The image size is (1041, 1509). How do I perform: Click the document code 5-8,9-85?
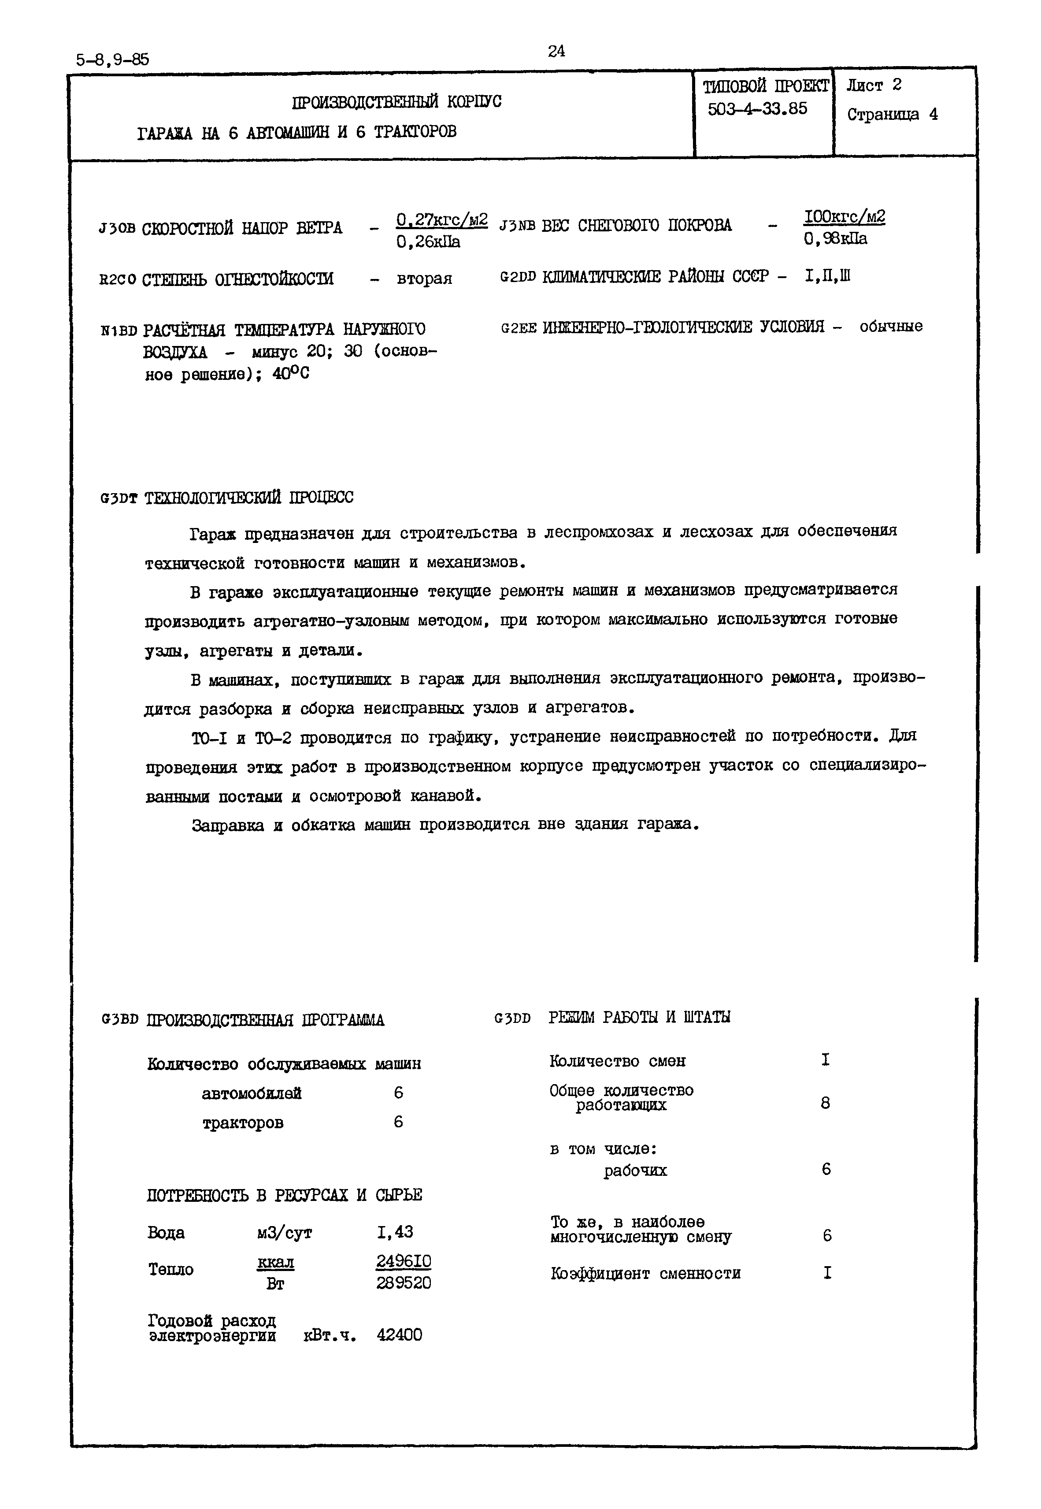(112, 60)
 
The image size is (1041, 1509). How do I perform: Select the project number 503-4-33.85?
(757, 108)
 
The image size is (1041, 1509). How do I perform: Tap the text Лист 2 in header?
(874, 85)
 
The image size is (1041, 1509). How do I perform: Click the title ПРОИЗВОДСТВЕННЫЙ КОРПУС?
(396, 102)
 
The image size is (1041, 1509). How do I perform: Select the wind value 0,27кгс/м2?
(441, 220)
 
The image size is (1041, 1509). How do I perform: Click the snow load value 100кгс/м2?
(844, 216)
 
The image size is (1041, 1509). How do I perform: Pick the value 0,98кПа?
(836, 239)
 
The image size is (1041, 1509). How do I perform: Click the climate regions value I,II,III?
(828, 277)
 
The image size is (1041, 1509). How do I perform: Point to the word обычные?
(890, 326)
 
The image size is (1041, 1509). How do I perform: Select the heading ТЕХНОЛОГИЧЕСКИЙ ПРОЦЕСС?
(248, 498)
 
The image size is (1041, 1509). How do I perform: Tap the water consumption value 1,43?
(395, 1232)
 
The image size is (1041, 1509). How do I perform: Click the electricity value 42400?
(399, 1335)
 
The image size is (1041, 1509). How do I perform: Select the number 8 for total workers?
(825, 1103)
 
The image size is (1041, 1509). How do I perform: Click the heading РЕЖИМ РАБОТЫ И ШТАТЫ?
(639, 1017)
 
